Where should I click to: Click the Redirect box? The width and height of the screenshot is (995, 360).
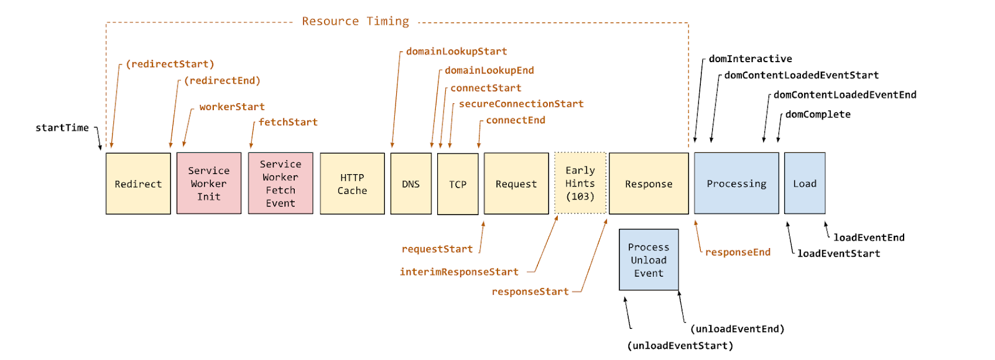138,184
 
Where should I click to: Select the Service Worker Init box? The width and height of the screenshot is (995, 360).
209,183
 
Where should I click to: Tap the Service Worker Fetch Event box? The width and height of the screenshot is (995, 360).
280,183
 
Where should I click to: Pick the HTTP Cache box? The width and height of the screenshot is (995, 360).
352,184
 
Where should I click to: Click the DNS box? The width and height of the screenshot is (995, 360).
411,184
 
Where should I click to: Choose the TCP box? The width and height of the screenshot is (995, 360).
458,184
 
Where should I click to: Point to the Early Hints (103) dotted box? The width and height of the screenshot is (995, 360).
580,183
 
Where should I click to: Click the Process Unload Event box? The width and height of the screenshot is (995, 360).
649,260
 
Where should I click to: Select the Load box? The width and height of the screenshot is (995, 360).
805,183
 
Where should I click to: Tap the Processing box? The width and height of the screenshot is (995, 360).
736,183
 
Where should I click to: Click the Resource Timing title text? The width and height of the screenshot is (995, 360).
355,21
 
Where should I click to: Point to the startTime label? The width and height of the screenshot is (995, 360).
62,128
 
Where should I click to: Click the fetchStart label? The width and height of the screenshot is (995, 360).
289,122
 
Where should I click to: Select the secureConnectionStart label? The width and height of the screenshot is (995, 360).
521,104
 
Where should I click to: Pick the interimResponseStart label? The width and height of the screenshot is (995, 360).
460,272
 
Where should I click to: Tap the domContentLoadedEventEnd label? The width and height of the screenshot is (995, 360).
845,95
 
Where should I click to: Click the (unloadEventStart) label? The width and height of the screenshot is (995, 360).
680,346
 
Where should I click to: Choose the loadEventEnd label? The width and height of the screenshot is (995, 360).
869,238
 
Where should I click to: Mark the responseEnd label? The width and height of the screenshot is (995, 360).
738,252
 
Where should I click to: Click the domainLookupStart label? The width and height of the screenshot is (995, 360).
456,52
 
